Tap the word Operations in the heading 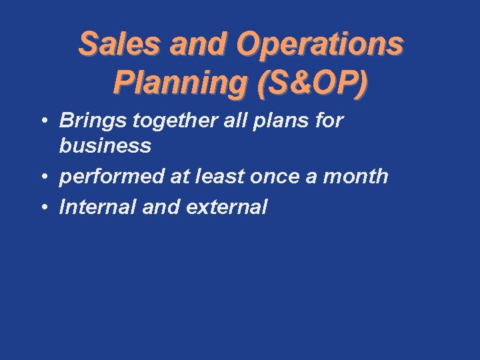(319, 44)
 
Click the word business (105, 145)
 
